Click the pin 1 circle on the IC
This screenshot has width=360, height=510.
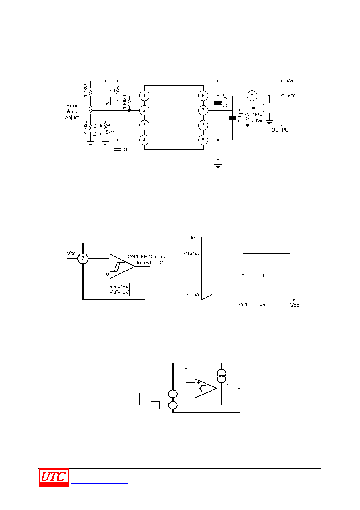(144, 96)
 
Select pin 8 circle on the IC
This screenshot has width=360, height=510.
(203, 96)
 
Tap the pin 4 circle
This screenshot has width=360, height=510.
(144, 140)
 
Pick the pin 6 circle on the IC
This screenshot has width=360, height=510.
(203, 125)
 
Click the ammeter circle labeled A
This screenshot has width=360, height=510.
(252, 96)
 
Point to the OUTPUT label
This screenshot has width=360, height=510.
(281, 130)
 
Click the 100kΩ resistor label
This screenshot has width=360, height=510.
(124, 101)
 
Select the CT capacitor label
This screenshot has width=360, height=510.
(125, 149)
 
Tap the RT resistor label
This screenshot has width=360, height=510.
(113, 90)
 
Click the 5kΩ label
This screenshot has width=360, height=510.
(110, 132)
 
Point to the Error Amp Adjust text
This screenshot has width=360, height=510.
(72, 111)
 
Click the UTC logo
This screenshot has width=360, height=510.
(54, 477)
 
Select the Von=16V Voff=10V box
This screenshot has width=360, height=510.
(119, 290)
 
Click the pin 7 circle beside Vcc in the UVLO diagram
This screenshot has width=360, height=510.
(83, 259)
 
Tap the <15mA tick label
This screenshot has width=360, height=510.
(192, 254)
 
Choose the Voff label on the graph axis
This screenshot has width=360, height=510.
(243, 305)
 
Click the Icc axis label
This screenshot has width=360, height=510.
(194, 238)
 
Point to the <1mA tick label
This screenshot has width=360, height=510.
(193, 295)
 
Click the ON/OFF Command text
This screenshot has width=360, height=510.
(150, 257)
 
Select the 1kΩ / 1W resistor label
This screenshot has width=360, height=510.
(257, 118)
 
